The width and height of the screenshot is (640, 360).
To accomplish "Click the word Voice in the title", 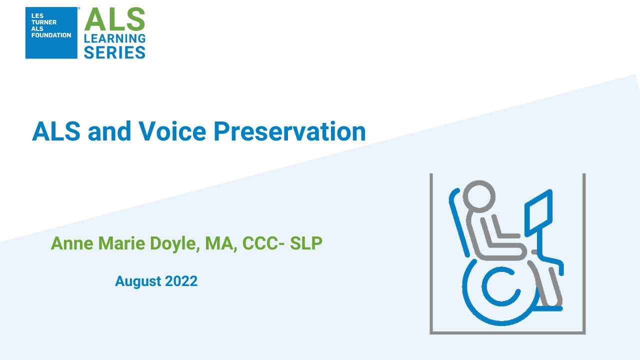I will (x=171, y=131).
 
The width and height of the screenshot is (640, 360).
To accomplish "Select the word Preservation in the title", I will (x=289, y=132).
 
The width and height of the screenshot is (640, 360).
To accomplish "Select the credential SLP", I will (x=306, y=243).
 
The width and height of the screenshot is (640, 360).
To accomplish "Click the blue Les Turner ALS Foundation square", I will (x=51, y=32).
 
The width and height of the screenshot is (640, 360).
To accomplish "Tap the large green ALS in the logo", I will (x=115, y=20).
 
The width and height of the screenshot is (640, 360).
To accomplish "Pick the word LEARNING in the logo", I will (x=115, y=38).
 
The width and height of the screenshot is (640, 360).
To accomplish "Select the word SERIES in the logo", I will (x=115, y=52).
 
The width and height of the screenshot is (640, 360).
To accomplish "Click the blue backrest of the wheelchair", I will (x=459, y=222).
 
